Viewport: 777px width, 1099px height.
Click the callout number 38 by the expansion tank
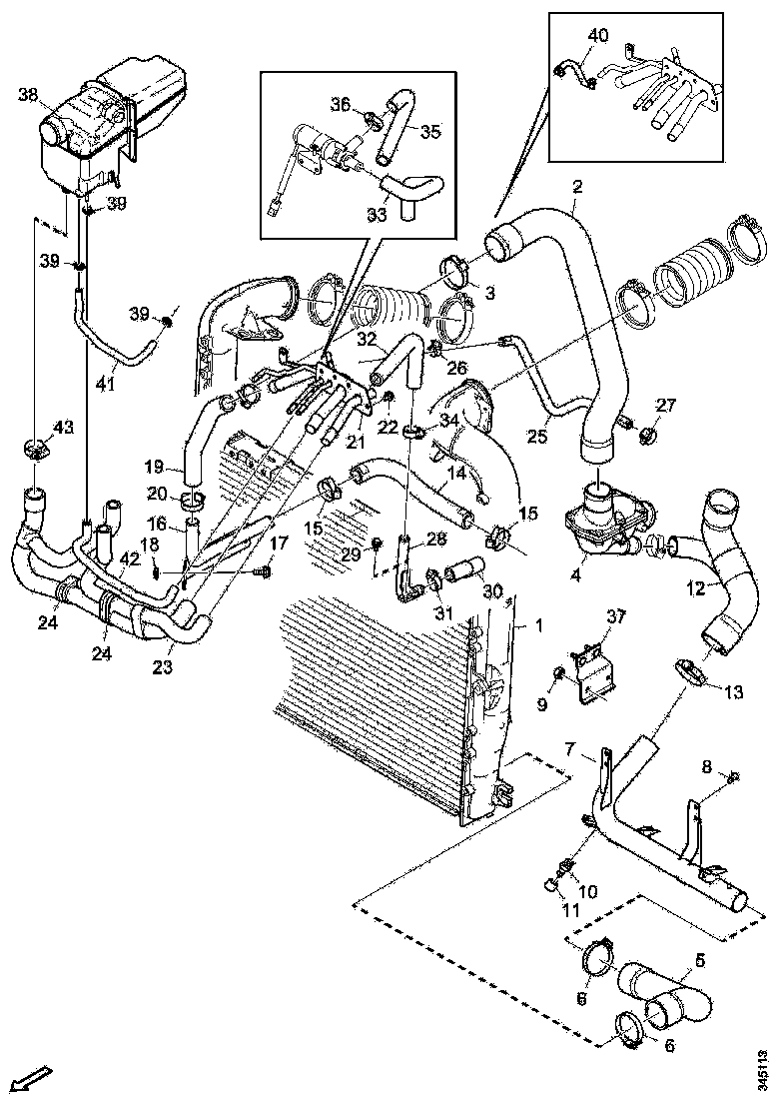[28, 96]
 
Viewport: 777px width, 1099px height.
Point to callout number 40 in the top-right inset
[597, 35]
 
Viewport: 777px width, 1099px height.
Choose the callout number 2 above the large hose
[577, 186]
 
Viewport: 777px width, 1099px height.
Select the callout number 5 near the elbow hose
[699, 960]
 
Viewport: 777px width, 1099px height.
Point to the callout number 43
[63, 428]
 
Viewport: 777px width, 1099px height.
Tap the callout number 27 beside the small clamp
[666, 405]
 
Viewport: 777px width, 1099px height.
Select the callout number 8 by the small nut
[707, 767]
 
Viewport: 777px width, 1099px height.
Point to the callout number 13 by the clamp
[734, 691]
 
